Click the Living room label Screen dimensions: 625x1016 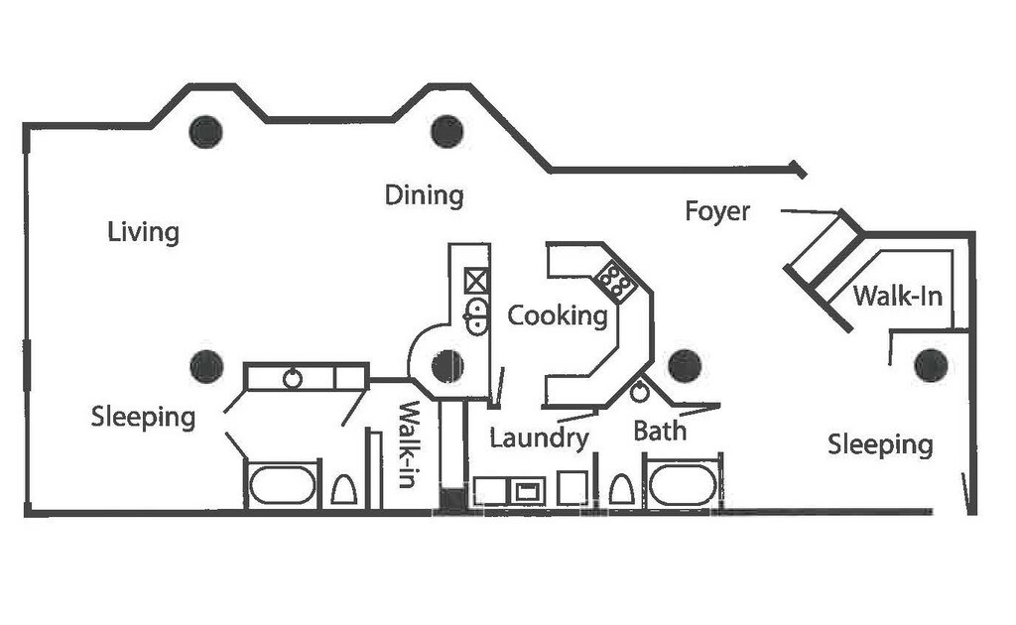pyautogui.click(x=144, y=233)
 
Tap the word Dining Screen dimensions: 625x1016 pyautogui.click(x=424, y=195)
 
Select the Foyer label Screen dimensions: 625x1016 pyautogui.click(x=717, y=211)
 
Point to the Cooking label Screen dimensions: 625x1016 pyautogui.click(x=558, y=315)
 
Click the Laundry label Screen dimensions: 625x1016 pyautogui.click(x=539, y=437)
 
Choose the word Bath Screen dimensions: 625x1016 pyautogui.click(x=660, y=432)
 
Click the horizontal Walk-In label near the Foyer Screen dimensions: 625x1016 pyautogui.click(x=897, y=296)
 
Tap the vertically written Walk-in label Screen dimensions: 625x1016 pyautogui.click(x=409, y=443)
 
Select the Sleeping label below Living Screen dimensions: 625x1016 pyautogui.click(x=143, y=417)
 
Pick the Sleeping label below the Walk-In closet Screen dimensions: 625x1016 pyautogui.click(x=880, y=444)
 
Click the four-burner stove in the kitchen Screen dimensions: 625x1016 pyautogui.click(x=617, y=282)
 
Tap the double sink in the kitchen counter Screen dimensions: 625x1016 pyautogui.click(x=477, y=315)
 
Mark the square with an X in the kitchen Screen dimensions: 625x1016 pyautogui.click(x=476, y=281)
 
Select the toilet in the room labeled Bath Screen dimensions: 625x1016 pyautogui.click(x=621, y=490)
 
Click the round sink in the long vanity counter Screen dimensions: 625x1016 pyautogui.click(x=293, y=378)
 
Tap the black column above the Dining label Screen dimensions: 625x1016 pyautogui.click(x=448, y=130)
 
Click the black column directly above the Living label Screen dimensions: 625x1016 pyautogui.click(x=205, y=131)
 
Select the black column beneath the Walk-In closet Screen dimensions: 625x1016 pyautogui.click(x=930, y=365)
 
